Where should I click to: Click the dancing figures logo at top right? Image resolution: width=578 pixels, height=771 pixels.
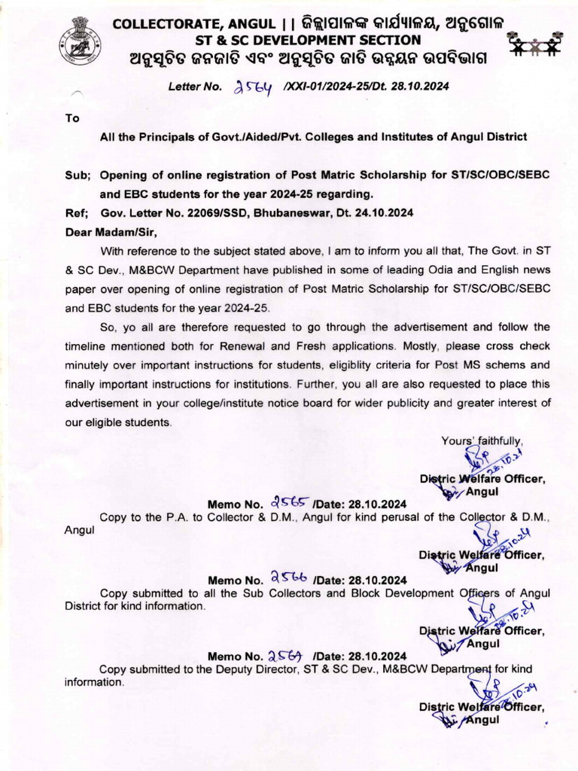pos(535,44)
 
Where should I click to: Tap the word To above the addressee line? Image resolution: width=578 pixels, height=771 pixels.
pos(72,118)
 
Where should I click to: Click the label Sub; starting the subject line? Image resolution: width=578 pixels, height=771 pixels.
pos(78,175)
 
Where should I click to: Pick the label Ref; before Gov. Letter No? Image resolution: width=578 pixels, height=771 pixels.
pos(78,212)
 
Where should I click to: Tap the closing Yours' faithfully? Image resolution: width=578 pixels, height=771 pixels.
pos(482,441)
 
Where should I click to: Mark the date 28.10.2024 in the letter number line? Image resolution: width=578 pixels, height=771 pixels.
pos(423,86)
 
